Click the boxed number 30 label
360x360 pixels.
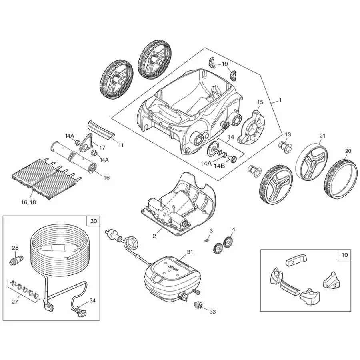click(x=93, y=221)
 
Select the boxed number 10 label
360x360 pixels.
click(x=344, y=254)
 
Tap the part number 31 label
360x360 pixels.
click(x=190, y=252)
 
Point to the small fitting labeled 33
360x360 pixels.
click(x=198, y=305)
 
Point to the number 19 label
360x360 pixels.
click(x=225, y=64)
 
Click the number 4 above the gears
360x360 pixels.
click(x=234, y=229)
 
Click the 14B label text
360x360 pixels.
click(x=220, y=166)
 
